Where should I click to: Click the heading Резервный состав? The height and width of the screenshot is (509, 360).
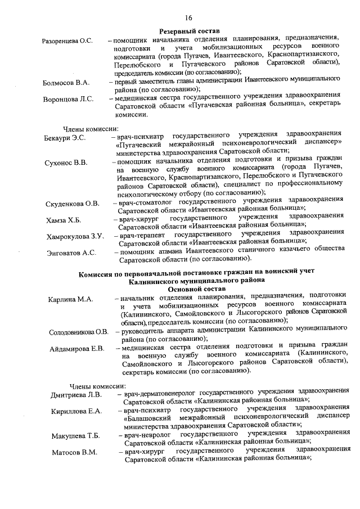point(189,30)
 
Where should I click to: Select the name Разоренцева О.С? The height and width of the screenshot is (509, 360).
point(67,42)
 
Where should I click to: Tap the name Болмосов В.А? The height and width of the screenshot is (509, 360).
point(66,83)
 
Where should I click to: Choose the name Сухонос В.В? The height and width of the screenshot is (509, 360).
point(66,163)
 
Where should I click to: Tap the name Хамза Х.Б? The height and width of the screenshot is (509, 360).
point(64,220)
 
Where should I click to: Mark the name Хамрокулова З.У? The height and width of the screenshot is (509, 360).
point(75,237)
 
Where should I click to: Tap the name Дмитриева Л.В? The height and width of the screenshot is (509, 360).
point(76,394)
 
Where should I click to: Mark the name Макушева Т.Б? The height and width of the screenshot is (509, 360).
point(76,436)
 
